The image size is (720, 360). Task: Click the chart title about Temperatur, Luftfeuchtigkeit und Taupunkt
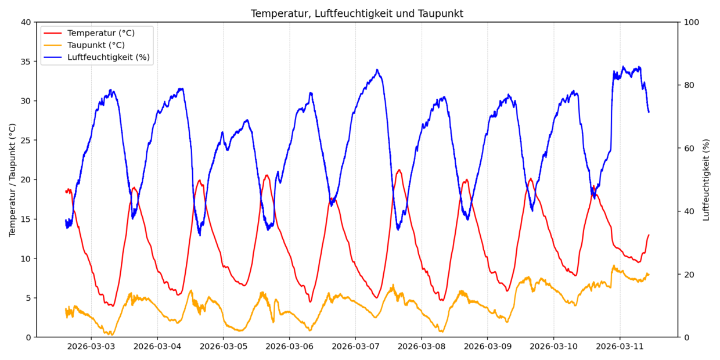[357, 13]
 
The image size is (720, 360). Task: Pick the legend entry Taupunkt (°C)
[96, 45]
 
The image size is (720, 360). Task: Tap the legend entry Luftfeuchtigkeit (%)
[108, 57]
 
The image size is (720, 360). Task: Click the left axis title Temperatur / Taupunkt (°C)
[13, 179]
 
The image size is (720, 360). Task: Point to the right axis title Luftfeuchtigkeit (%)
[706, 179]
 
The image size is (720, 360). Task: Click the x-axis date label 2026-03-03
[91, 347]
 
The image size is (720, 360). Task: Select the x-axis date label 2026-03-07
[355, 347]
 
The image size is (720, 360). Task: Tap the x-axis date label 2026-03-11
[620, 347]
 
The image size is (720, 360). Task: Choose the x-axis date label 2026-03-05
[223, 347]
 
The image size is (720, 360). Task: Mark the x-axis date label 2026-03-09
[487, 347]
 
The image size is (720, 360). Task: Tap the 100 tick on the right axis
[691, 22]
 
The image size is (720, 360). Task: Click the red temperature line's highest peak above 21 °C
[399, 170]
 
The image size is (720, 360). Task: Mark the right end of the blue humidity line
[649, 112]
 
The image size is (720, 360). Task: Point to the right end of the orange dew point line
[649, 274]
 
